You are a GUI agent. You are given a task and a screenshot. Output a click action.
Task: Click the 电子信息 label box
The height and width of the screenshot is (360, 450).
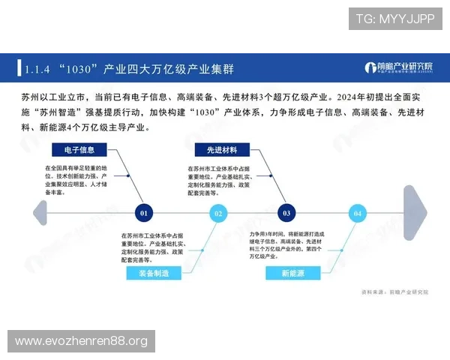pyautogui.click(x=79, y=149)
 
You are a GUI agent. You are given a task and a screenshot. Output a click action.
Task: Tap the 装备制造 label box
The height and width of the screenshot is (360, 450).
pyautogui.click(x=154, y=274)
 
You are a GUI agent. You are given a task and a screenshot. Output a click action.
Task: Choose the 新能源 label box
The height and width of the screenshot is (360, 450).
pyautogui.click(x=292, y=274)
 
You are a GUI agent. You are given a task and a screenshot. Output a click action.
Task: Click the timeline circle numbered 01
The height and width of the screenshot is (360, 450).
pyautogui.click(x=145, y=213)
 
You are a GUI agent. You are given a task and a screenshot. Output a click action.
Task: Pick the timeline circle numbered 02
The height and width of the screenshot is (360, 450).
pyautogui.click(x=218, y=213)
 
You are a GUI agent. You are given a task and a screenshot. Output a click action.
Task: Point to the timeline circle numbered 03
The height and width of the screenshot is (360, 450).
pyautogui.click(x=286, y=213)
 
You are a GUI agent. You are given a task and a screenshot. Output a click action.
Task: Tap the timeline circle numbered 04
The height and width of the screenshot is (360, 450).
pyautogui.click(x=358, y=213)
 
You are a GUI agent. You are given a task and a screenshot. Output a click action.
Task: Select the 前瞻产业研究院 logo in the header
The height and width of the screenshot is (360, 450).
pyautogui.click(x=399, y=68)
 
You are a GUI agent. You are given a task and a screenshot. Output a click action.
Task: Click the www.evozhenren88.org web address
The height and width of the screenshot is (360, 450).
pyautogui.click(x=81, y=341)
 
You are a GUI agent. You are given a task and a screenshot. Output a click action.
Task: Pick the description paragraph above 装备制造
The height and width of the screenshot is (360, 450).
pyautogui.click(x=152, y=247)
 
